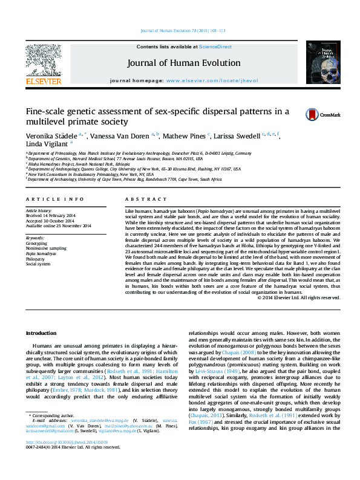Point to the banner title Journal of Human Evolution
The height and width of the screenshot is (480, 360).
pos(183,63)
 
